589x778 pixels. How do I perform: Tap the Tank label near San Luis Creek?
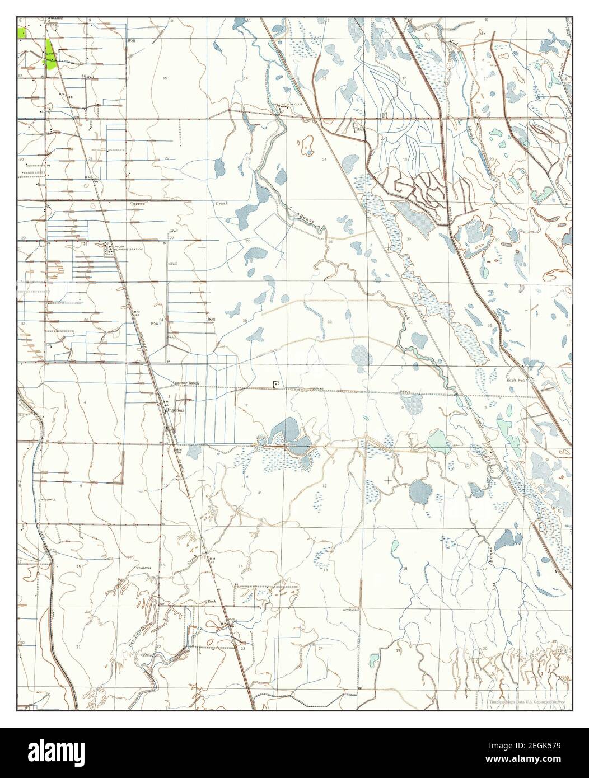212,601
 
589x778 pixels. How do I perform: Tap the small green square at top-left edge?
21,32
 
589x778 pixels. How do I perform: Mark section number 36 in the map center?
329,322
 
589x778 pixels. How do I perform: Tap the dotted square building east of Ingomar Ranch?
275,383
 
